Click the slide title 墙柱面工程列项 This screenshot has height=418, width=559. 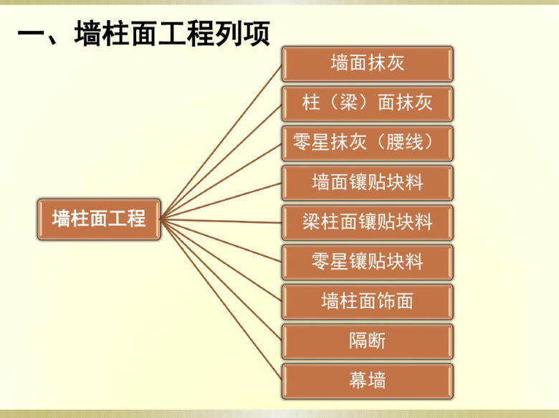143,34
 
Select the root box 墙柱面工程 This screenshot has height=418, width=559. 99,219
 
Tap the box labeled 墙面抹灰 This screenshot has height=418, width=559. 367,64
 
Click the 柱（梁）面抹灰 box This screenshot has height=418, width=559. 367,103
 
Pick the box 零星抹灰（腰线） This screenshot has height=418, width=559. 367,143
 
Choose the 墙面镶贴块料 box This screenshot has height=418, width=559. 367,183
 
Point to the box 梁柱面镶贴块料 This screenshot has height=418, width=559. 367,222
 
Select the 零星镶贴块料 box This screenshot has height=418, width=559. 367,262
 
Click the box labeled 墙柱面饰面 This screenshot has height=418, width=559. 367,301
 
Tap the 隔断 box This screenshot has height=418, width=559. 367,341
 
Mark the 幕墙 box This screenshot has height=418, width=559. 367,381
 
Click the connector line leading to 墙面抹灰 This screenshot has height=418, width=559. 221,142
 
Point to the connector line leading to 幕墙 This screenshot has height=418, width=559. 221,299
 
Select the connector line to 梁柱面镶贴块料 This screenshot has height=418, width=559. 221,221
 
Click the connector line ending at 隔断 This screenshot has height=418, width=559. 221,279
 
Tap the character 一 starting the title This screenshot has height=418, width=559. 31,34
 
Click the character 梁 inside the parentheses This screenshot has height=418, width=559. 349,103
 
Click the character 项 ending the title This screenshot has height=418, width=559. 256,34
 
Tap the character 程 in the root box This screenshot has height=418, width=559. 137,218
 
